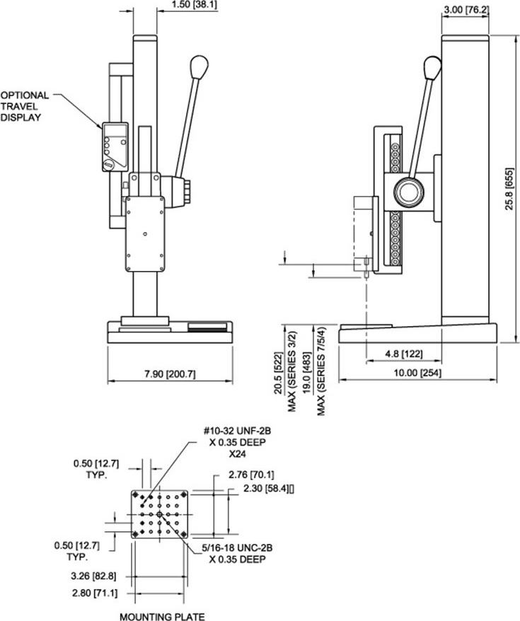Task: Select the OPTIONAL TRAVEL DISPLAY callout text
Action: [25, 106]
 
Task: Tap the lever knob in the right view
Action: [432, 67]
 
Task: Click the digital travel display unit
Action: [115, 146]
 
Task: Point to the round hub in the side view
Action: [410, 192]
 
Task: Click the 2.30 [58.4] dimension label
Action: [267, 488]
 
